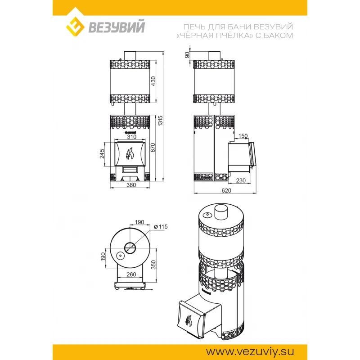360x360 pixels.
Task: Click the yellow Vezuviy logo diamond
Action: [x=75, y=27]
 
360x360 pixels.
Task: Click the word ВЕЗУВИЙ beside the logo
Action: [x=117, y=27]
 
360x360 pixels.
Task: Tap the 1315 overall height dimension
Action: [x=161, y=121]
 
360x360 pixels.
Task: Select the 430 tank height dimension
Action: [x=153, y=81]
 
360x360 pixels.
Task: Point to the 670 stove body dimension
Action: [x=153, y=148]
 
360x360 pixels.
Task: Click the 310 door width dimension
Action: [x=131, y=137]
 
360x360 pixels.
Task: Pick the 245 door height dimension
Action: [x=102, y=153]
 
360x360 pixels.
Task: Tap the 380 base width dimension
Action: [x=131, y=185]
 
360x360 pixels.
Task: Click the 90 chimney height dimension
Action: [x=187, y=55]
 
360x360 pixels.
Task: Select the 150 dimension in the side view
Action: [x=243, y=136]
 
